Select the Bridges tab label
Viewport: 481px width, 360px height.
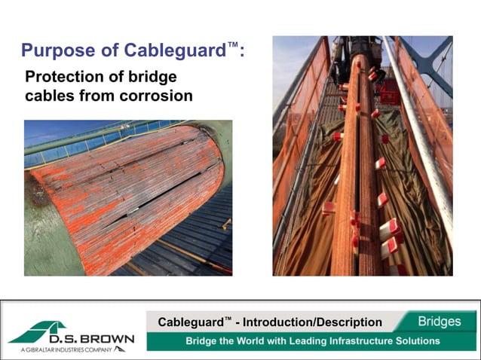click(440, 322)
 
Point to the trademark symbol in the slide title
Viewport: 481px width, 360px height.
click(234, 46)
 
